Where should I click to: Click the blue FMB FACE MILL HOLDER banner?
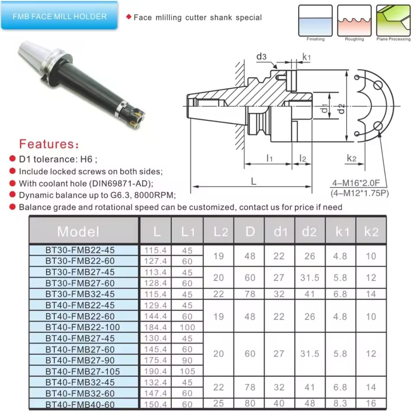[59, 16]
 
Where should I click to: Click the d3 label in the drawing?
[261, 56]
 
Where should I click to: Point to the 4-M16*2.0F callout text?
[356, 183]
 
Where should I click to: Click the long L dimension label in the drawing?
[253, 181]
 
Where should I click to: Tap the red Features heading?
[49, 144]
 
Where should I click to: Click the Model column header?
[78, 231]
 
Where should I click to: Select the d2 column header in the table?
[309, 231]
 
